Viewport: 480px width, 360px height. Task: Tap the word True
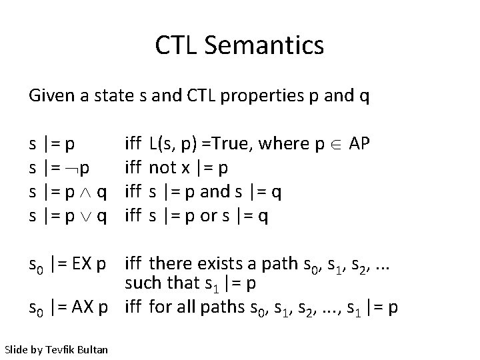click(231, 143)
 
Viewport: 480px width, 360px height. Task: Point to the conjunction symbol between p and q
click(85, 192)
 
